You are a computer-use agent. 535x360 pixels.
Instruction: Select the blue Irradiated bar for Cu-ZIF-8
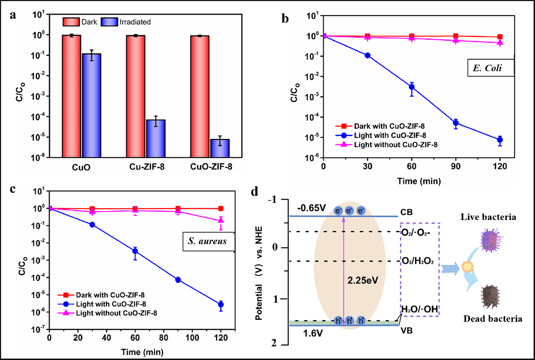point(156,138)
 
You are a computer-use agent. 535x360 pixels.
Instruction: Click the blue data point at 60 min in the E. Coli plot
point(412,87)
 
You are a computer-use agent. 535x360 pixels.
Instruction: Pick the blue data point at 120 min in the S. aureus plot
point(220,304)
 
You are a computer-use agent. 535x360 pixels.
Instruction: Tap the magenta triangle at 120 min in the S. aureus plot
point(220,220)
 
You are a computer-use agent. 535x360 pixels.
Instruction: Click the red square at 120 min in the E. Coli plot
point(500,37)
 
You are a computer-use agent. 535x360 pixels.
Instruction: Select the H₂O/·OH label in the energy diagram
point(419,308)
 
